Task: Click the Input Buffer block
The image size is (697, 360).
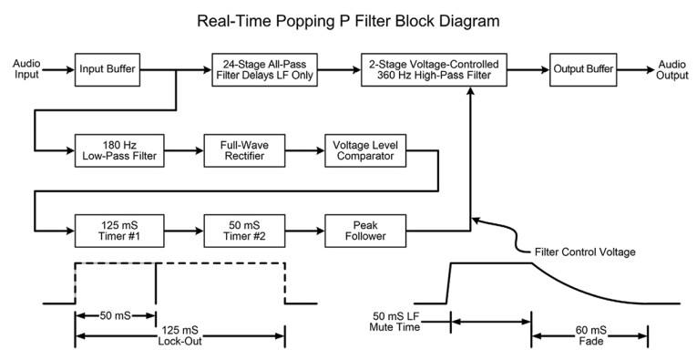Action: pyautogui.click(x=107, y=69)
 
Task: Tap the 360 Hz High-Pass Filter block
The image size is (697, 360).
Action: pyautogui.click(x=433, y=69)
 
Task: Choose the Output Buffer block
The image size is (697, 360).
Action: pyautogui.click(x=583, y=69)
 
